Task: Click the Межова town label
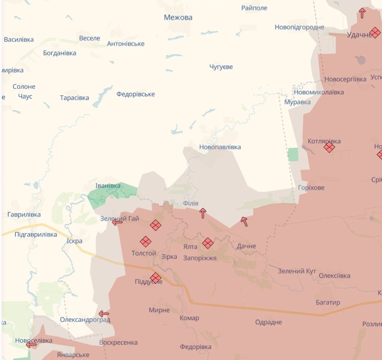(178, 17)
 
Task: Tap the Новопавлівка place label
(220, 147)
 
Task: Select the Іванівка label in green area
(108, 186)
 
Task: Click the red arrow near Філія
(203, 213)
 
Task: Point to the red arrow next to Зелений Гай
(117, 222)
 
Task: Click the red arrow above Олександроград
(104, 314)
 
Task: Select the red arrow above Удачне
(362, 13)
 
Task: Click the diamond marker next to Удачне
(375, 33)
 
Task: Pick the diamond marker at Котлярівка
(329, 147)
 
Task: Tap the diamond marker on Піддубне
(156, 278)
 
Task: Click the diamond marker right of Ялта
(208, 243)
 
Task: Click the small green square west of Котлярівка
(293, 155)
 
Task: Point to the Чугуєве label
(221, 67)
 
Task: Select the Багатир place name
(328, 303)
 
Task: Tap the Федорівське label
(136, 94)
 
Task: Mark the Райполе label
(254, 8)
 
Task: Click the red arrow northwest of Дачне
(244, 221)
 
